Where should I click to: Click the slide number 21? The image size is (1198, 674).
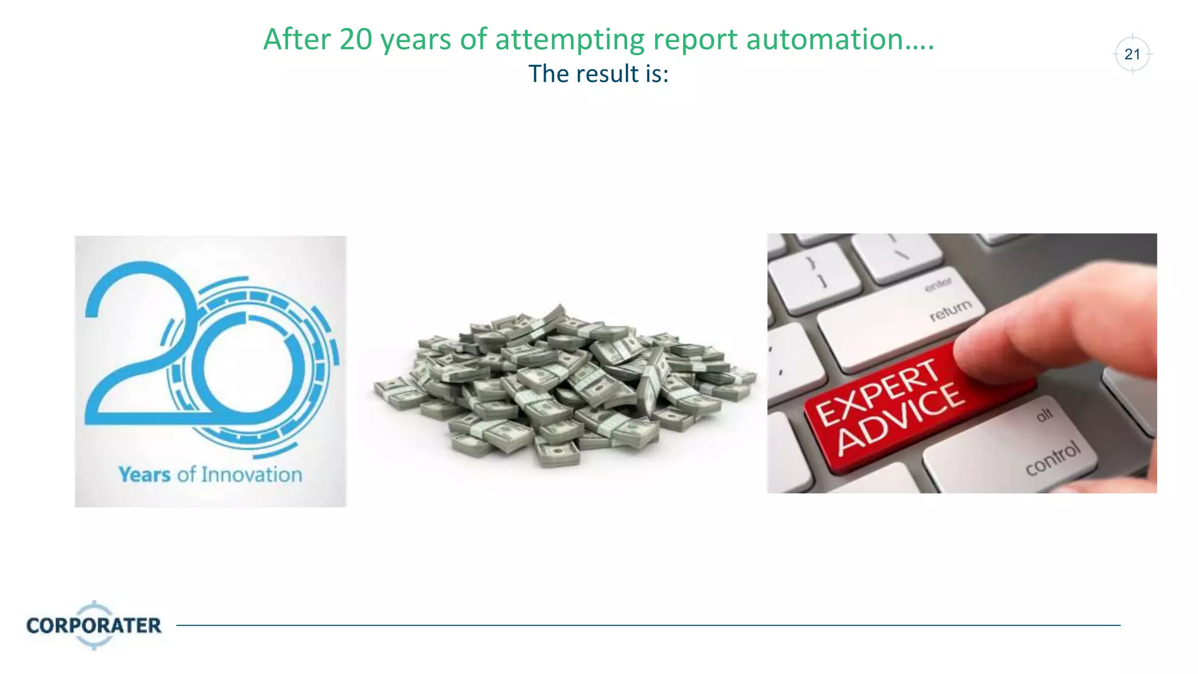[1132, 54]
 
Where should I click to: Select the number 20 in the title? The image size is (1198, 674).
[356, 40]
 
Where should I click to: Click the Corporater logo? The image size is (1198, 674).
[94, 625]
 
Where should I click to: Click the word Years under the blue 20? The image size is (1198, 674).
[144, 474]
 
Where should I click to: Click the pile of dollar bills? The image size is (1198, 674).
[562, 386]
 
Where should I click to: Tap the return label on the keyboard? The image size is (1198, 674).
[950, 310]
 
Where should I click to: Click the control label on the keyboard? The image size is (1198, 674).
[1052, 458]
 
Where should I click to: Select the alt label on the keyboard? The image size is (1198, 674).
[1044, 415]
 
